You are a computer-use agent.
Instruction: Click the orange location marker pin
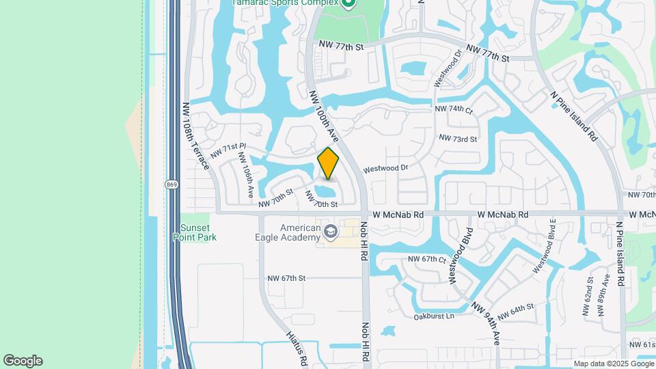click(328, 163)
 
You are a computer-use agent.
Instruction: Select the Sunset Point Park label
click(198, 232)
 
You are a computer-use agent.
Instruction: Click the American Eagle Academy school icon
click(331, 232)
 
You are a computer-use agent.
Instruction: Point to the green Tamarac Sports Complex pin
click(348, 4)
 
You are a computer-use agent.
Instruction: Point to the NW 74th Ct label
click(453, 109)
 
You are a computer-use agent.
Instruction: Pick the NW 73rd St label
click(457, 138)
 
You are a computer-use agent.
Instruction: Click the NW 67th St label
click(286, 278)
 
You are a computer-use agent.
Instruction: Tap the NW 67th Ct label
click(426, 259)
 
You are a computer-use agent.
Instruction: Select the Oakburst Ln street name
click(434, 316)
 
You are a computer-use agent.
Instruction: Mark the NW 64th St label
click(515, 312)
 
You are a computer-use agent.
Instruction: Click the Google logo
click(23, 361)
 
